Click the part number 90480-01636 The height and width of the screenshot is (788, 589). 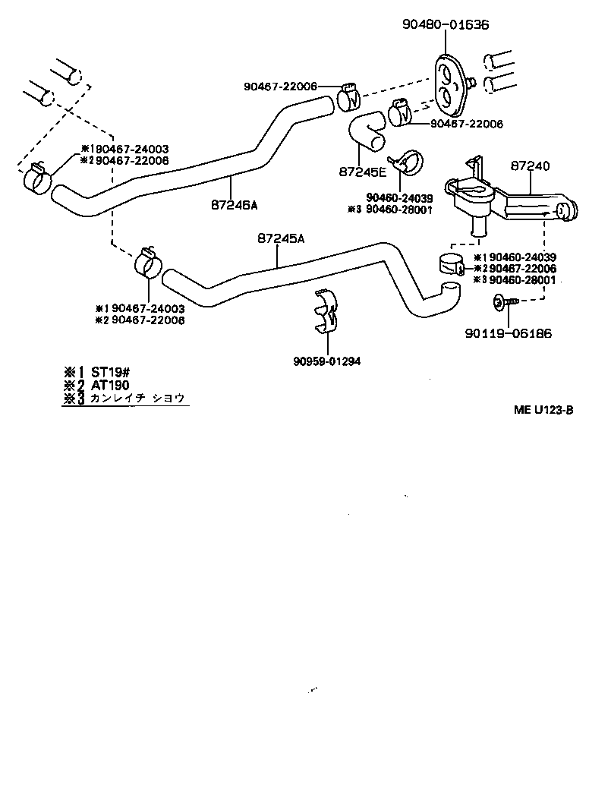(446, 25)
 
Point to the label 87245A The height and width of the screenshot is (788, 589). (281, 238)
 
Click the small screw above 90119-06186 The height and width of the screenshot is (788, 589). (502, 302)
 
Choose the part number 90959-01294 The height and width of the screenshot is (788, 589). (328, 361)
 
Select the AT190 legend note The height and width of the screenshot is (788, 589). (110, 385)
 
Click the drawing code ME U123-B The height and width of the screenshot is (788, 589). (542, 411)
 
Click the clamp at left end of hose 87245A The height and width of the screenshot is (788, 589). (148, 262)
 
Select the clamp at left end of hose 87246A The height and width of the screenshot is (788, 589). (36, 178)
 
